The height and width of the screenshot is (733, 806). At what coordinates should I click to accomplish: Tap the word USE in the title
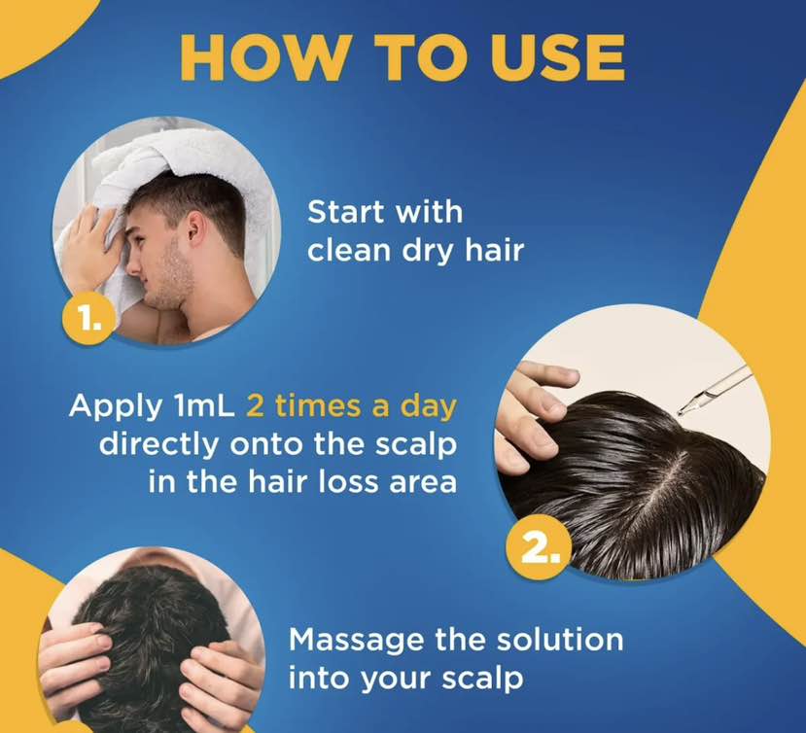tap(557, 57)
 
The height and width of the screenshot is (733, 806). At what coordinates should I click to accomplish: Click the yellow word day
tap(429, 407)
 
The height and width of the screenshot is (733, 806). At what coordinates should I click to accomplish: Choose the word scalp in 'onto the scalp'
tap(416, 445)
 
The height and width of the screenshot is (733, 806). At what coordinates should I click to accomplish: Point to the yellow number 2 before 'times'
tap(256, 406)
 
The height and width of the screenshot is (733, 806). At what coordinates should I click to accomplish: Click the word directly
tap(158, 445)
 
